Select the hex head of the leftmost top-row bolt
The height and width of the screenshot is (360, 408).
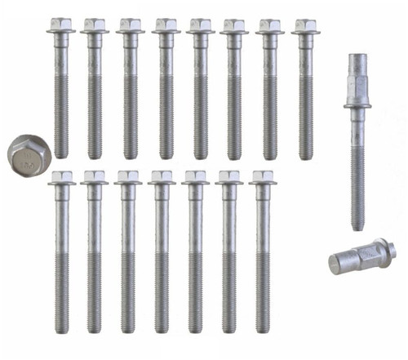[60, 25]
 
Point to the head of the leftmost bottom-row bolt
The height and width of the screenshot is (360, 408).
[62, 177]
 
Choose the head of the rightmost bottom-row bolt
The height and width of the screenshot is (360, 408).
[262, 177]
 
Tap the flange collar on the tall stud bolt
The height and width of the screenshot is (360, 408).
[359, 104]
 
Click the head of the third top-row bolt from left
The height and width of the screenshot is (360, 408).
[130, 25]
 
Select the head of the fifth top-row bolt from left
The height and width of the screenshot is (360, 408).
[200, 25]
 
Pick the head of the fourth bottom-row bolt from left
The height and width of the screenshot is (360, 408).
[162, 177]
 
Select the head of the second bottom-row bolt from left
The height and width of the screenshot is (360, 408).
[94, 177]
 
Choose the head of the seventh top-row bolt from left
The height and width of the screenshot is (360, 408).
[270, 25]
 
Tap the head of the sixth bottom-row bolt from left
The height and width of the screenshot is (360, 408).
[229, 177]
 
